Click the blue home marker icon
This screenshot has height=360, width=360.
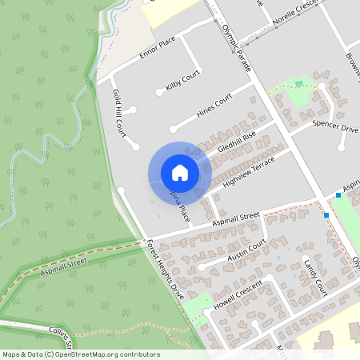180,173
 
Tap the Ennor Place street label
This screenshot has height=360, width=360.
157,53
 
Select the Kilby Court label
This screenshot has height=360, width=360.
182,81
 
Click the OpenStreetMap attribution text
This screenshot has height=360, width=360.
82,354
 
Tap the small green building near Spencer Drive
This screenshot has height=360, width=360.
299,83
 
